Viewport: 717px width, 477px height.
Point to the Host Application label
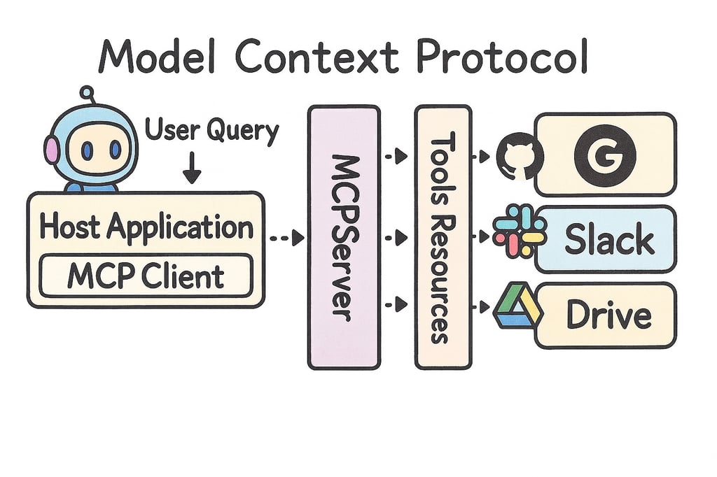[146, 227]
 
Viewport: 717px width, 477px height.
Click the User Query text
[211, 131]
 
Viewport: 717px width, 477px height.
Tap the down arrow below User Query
[191, 170]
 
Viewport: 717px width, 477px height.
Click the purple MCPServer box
[343, 237]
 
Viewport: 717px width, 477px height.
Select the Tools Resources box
[443, 237]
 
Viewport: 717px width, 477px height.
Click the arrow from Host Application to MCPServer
[287, 238]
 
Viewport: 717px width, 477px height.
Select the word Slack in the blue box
[609, 240]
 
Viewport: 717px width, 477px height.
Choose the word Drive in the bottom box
[608, 315]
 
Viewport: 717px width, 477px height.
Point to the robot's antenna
[88, 94]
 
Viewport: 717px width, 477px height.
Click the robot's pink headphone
[51, 149]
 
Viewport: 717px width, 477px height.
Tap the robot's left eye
[87, 150]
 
